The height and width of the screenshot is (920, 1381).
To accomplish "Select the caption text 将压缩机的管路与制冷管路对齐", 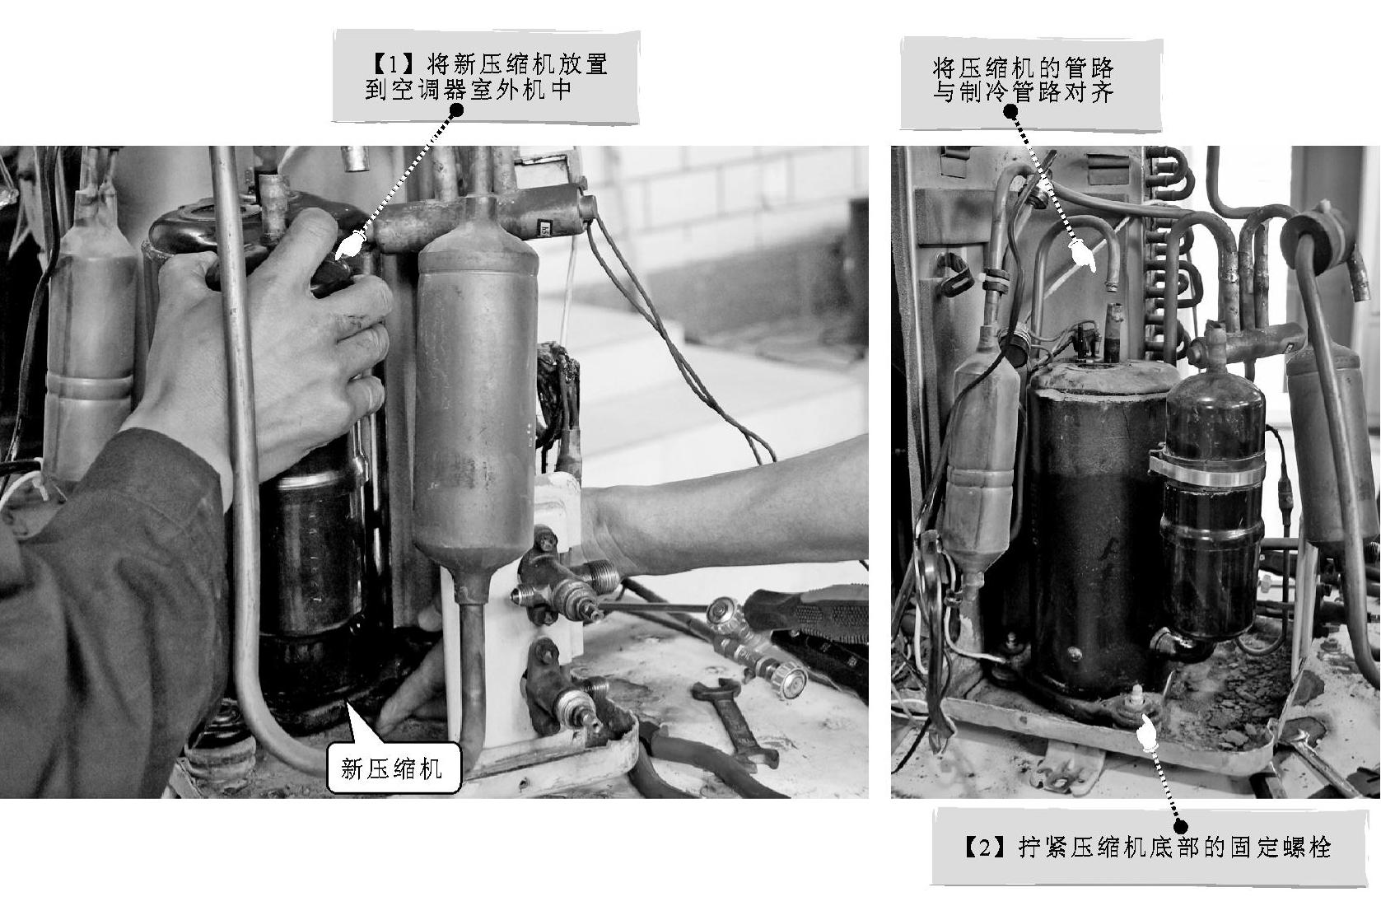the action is click(1023, 80).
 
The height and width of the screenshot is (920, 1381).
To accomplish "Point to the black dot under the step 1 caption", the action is click(457, 110).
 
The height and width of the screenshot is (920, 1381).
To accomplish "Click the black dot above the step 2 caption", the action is click(1180, 827).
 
